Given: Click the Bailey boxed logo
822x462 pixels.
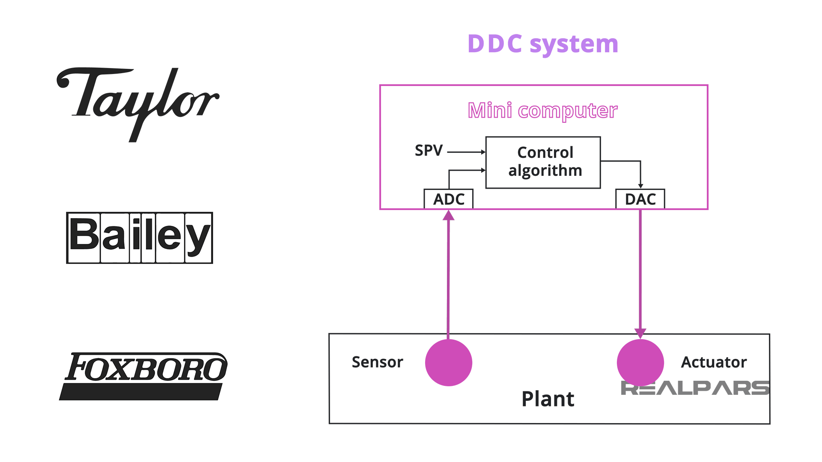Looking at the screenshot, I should [140, 238].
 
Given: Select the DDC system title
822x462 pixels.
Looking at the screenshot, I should [543, 44].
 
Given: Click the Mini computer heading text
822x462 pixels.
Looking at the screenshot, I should [542, 111].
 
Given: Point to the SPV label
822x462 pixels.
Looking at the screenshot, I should [429, 151].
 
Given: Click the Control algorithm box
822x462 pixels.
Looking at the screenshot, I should [543, 162].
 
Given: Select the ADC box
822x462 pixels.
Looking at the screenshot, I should [448, 199].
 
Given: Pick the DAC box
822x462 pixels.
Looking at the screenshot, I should [640, 199].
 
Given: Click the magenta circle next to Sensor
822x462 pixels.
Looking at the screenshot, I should [448, 362].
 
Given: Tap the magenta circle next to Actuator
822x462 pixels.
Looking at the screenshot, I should [640, 361].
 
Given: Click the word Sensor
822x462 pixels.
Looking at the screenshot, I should [377, 362].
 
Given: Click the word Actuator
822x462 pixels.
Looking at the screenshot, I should [714, 362].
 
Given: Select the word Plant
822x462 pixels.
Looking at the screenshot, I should [548, 399].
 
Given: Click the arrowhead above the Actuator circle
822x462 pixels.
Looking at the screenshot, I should [640, 333].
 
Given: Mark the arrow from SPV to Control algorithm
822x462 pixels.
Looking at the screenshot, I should [466, 152].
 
